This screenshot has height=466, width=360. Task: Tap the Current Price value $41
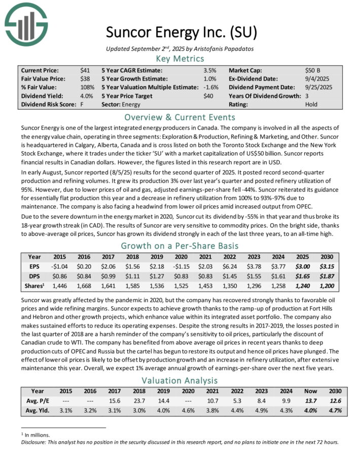point(85,70)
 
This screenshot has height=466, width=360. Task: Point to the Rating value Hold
point(311,104)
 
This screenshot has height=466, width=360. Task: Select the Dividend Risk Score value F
point(82,104)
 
